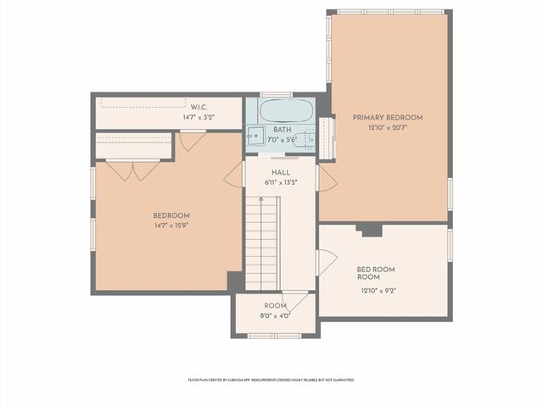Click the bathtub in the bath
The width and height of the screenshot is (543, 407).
pyautogui.click(x=285, y=111)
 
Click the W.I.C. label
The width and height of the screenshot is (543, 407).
pyautogui.click(x=199, y=107)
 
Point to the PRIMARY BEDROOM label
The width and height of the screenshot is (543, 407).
pyautogui.click(x=388, y=118)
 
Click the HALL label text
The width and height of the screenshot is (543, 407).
pyautogui.click(x=280, y=172)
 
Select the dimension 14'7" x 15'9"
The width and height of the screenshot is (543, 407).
pyautogui.click(x=171, y=226)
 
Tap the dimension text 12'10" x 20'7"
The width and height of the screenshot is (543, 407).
pyautogui.click(x=388, y=128)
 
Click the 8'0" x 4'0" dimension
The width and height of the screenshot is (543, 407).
pyautogui.click(x=276, y=315)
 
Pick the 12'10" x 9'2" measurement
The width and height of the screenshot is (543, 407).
pyautogui.click(x=376, y=290)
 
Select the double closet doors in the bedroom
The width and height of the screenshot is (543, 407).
pyautogui.click(x=134, y=170)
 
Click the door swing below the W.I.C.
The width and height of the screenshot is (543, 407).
pyautogui.click(x=192, y=141)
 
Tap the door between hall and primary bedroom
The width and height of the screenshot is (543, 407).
pyautogui.click(x=326, y=177)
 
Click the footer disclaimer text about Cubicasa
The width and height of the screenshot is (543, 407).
pyautogui.click(x=271, y=380)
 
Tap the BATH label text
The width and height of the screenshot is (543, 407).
pyautogui.click(x=283, y=130)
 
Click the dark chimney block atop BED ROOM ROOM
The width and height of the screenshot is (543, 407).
pyautogui.click(x=369, y=229)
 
